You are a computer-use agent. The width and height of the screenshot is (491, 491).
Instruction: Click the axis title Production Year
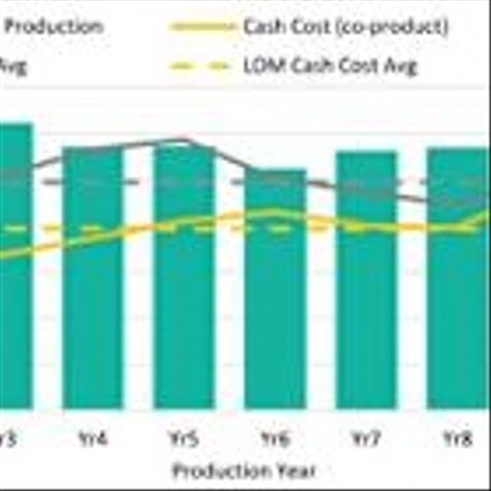[245, 470]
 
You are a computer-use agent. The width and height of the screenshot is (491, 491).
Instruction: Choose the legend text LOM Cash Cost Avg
[330, 67]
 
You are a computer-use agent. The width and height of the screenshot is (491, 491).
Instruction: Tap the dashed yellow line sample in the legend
[201, 67]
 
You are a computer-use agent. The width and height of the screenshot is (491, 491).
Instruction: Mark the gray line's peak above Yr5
[184, 140]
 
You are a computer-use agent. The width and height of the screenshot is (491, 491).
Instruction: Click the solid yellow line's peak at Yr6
[275, 211]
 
